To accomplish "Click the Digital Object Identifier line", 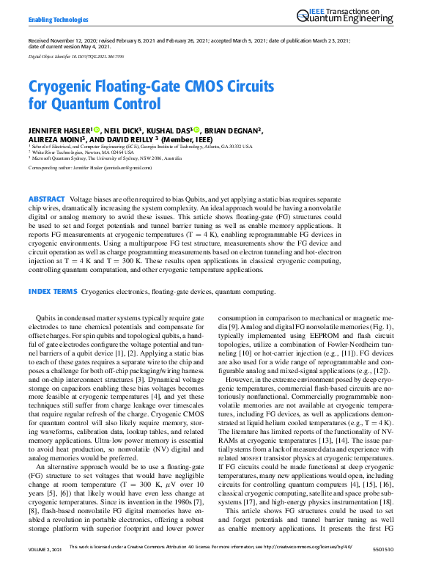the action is pos(76,56).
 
